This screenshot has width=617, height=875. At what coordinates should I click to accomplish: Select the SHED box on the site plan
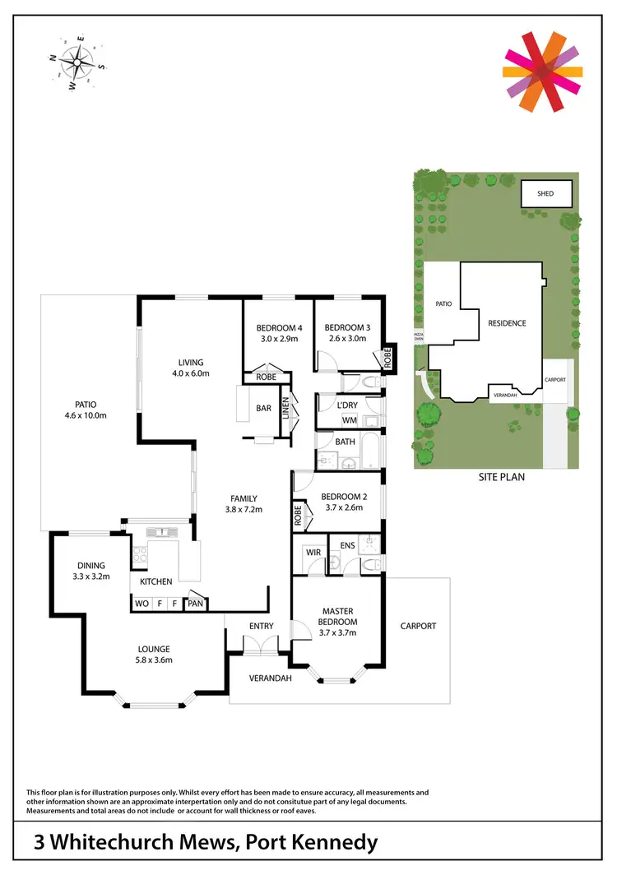545,194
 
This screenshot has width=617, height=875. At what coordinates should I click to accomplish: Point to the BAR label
264,408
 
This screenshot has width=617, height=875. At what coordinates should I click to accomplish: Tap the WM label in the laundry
349,421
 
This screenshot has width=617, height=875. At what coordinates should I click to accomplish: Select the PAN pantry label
196,603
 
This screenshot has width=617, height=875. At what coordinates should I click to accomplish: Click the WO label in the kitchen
142,603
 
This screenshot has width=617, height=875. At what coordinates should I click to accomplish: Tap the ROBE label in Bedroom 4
265,377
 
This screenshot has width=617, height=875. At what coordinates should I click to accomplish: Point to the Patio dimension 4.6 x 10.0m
86,415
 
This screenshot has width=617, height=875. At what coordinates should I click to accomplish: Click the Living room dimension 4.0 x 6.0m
191,373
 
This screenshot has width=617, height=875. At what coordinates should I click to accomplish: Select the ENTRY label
262,626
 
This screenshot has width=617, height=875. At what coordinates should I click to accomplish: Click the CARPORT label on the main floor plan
418,626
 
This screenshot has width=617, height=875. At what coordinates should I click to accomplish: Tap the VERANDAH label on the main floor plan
271,680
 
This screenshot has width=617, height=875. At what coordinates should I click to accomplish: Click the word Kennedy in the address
331,843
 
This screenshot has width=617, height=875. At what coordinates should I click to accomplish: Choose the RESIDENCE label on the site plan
506,323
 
